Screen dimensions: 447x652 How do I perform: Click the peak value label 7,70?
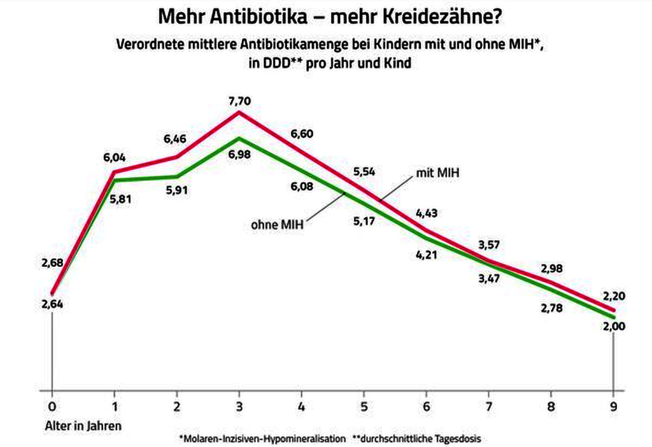(239, 101)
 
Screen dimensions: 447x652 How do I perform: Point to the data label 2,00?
(614, 327)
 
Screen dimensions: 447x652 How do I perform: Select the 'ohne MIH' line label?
(276, 224)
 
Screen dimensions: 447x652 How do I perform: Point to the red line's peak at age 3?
(239, 113)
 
